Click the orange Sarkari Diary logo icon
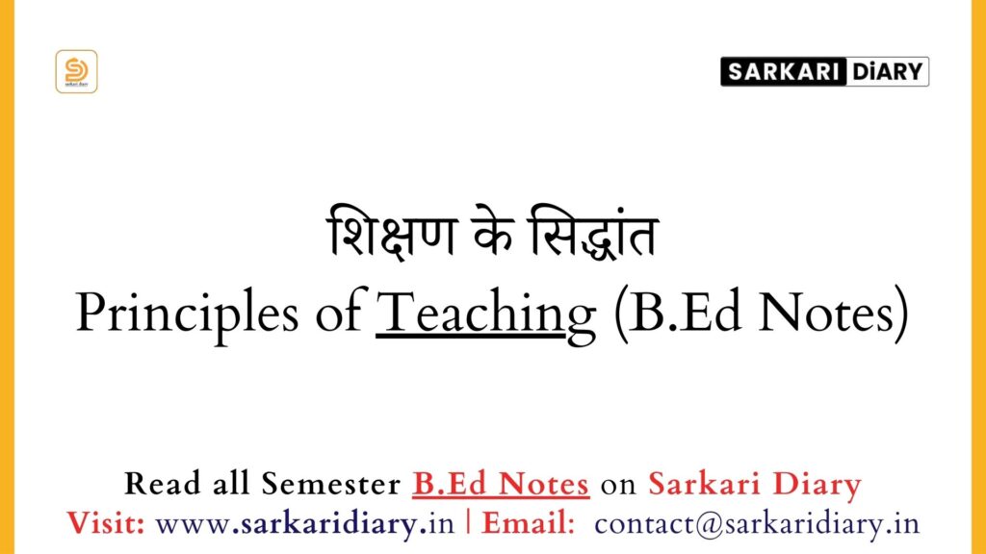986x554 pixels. click(x=76, y=71)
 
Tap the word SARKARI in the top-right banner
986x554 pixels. click(x=784, y=71)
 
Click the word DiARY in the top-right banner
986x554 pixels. click(x=887, y=71)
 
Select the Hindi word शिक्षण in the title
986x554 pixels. click(x=390, y=234)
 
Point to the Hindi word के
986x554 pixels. click(x=493, y=233)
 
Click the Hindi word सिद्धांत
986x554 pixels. click(x=593, y=233)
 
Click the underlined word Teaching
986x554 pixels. click(x=485, y=315)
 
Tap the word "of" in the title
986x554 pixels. click(x=341, y=312)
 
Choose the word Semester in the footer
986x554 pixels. click(x=331, y=484)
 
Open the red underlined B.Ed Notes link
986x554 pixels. click(x=501, y=485)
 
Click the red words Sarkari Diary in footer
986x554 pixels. click(x=755, y=485)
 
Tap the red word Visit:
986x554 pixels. click(x=106, y=523)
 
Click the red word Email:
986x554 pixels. click(x=529, y=523)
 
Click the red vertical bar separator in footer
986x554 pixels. click(x=468, y=522)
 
